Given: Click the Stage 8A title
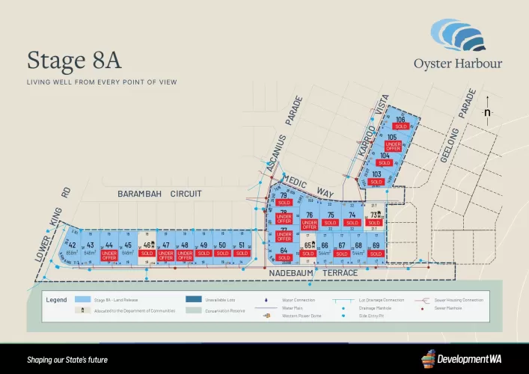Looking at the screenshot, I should click(74, 60).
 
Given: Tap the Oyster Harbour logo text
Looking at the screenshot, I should click(458, 64).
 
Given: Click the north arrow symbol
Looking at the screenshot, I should click(487, 109).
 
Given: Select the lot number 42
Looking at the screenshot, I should click(73, 245).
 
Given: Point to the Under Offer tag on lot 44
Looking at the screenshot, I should click(109, 255).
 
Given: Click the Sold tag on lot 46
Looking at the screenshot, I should click(147, 254).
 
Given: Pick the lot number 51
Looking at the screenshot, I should click(241, 245).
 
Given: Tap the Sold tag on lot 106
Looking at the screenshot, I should click(400, 126).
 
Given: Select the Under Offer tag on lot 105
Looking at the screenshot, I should click(393, 147).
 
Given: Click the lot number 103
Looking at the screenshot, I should click(376, 174).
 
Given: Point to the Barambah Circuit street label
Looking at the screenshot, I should click(159, 194).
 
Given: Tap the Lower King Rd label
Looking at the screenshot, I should click(52, 234).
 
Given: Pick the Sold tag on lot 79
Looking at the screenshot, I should click(284, 203).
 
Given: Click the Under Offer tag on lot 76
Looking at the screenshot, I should click(309, 224).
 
